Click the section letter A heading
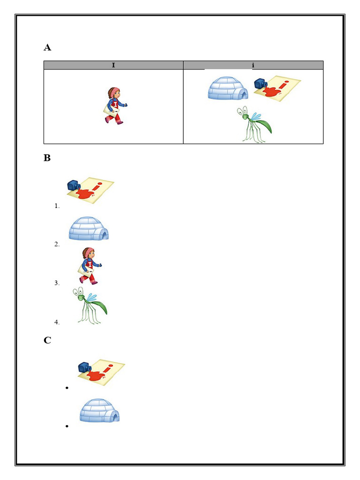coord(47,47)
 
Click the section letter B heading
coord(47,158)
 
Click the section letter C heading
coord(47,340)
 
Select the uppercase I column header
coord(113,65)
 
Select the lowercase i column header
coord(253,65)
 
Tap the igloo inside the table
coord(228,89)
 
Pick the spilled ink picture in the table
coord(277,88)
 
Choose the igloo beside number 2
coord(89,229)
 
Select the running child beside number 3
coord(89,266)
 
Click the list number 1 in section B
coord(57,206)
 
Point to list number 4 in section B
coord(57,322)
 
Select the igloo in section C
coord(99,411)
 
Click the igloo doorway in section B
coord(104,234)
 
